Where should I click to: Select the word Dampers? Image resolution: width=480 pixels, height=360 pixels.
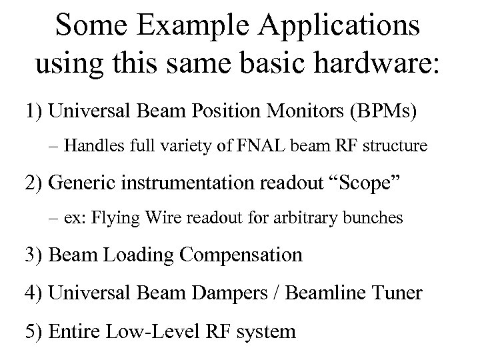[234, 293]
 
